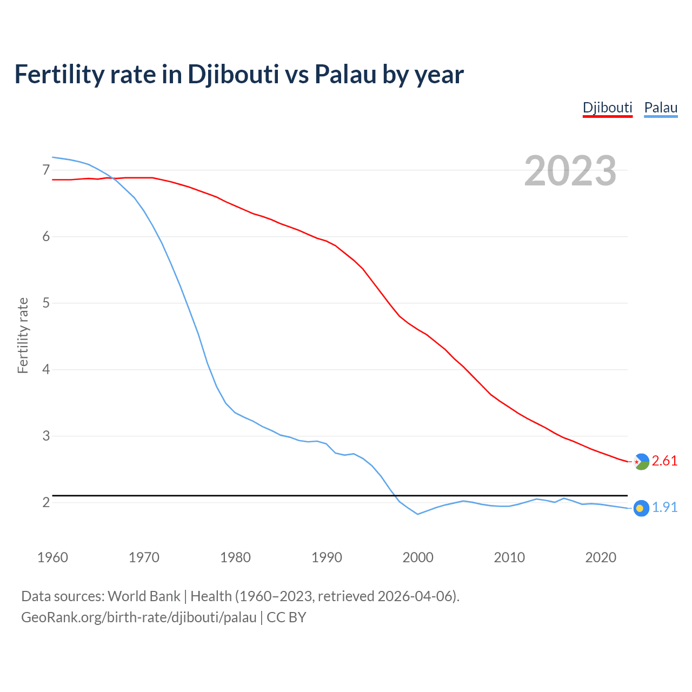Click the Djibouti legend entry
(607, 108)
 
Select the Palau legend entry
(661, 108)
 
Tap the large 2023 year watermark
(570, 171)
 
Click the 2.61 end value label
(664, 461)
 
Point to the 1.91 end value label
(664, 507)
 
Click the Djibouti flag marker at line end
(641, 461)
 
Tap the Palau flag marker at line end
(641, 508)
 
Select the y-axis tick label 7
(46, 170)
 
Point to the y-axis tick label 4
(46, 370)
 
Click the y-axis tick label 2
(46, 503)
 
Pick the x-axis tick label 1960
(52, 557)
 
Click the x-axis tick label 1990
(327, 557)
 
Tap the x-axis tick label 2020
(601, 557)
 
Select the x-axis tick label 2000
(418, 557)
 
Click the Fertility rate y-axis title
(23, 335)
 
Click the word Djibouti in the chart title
(233, 75)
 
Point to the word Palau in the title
(345, 75)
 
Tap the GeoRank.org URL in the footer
(138, 617)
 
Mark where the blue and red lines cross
(112, 178)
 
